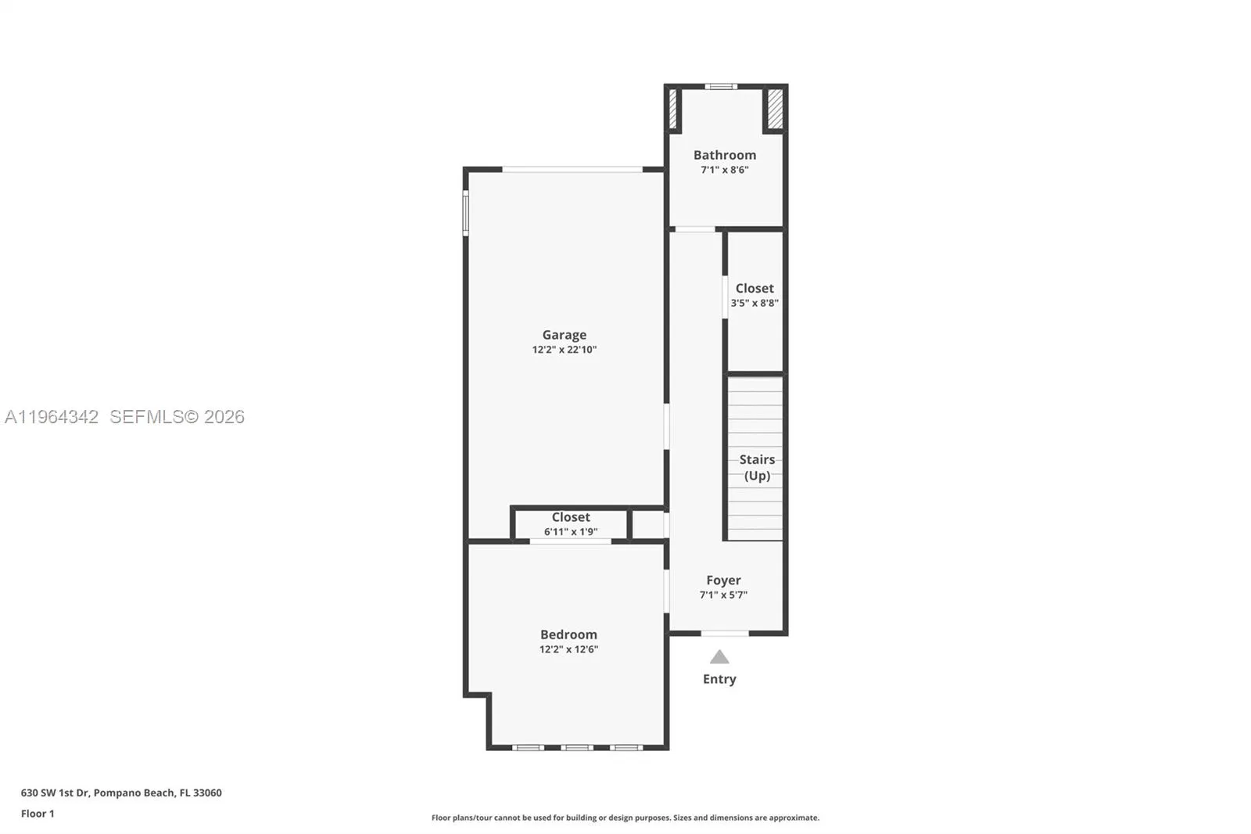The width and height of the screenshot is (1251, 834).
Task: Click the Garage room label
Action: point(564,335)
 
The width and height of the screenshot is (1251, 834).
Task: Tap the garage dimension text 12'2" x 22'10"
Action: point(564,350)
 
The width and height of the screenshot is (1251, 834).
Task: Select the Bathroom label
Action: point(724,155)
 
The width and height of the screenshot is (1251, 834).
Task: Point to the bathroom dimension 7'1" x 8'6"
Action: point(724,170)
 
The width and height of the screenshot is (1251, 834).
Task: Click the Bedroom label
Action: point(568,634)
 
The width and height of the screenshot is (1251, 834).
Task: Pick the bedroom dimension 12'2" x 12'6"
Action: point(568,649)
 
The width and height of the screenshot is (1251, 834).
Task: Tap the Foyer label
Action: point(723,581)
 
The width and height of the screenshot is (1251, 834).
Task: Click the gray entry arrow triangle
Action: point(719,657)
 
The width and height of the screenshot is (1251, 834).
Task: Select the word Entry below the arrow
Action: point(719,679)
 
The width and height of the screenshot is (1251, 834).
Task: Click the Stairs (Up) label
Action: point(757,467)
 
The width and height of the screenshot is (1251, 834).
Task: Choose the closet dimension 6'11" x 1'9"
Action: point(571,532)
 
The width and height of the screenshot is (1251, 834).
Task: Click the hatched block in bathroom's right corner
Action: point(774,109)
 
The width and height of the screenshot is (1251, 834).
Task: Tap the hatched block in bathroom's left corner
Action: point(672,109)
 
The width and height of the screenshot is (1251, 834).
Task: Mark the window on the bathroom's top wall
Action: point(720,87)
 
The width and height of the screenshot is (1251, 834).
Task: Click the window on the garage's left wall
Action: point(465,214)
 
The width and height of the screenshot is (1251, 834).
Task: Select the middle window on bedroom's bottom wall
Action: point(577,748)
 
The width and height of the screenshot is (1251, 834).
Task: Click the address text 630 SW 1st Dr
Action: point(56,793)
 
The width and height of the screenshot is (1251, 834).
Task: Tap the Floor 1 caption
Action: point(38,814)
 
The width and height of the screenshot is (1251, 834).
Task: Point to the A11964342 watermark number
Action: point(52,417)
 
